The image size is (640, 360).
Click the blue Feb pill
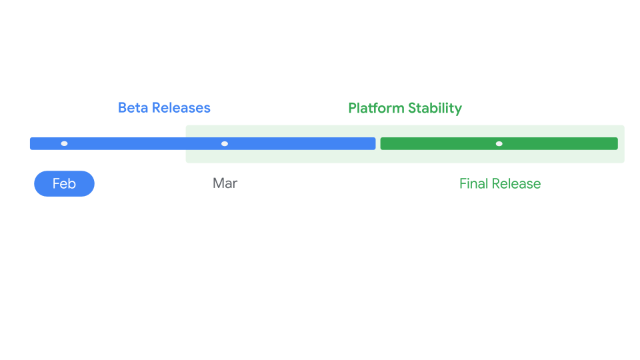(64, 184)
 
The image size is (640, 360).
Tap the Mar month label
(225, 183)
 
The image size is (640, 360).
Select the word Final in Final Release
(474, 184)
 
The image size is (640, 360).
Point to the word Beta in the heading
(132, 108)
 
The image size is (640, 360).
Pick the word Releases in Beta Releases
(180, 108)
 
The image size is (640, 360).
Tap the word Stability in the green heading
(436, 108)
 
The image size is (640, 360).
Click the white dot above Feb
(64, 143)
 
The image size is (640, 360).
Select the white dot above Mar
(225, 143)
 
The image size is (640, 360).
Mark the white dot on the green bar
(499, 143)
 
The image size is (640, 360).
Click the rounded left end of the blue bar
(32, 143)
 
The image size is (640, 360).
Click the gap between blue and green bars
(378, 143)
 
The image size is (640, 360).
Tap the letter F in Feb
(56, 184)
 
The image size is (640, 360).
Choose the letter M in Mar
(218, 183)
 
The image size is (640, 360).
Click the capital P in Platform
(353, 108)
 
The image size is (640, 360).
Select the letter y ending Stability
(458, 109)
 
